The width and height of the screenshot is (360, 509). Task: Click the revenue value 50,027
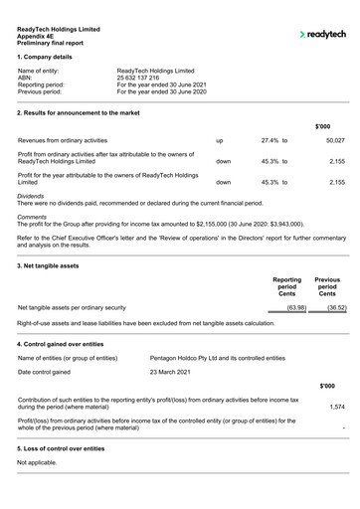tap(333, 141)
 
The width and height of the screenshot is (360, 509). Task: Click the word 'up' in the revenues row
tap(220, 141)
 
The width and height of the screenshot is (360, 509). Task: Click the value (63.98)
tap(295, 308)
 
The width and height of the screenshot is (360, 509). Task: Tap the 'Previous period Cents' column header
tap(327, 287)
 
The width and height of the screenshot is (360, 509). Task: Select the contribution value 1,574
tap(336, 407)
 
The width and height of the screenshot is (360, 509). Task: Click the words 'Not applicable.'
tap(38, 462)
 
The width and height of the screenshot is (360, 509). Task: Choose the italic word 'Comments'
tap(33, 217)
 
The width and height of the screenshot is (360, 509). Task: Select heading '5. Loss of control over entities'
tap(66, 449)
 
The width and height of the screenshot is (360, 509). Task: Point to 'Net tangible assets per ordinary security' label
tap(72, 308)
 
